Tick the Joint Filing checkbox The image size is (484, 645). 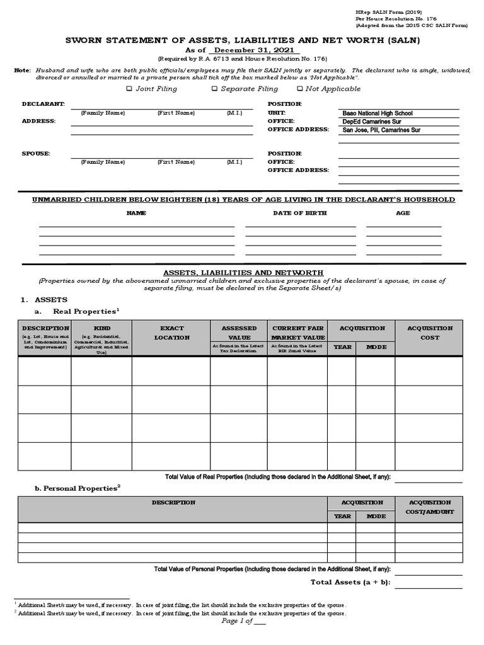(x=130, y=89)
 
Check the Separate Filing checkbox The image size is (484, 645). (x=215, y=89)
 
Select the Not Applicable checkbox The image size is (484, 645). (x=300, y=89)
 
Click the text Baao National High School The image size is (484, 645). (x=377, y=113)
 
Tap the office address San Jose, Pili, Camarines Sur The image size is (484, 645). (x=381, y=130)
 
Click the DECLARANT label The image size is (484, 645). (x=43, y=103)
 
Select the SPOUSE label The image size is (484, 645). (x=36, y=153)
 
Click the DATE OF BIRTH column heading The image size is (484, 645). (x=299, y=213)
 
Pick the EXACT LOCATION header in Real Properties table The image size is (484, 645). (x=171, y=333)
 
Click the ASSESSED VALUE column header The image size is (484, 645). (x=239, y=333)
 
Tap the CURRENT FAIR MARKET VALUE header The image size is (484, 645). (x=297, y=333)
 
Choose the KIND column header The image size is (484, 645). (x=101, y=328)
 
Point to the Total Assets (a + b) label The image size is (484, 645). (x=350, y=582)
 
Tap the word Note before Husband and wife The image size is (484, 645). (x=22, y=70)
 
